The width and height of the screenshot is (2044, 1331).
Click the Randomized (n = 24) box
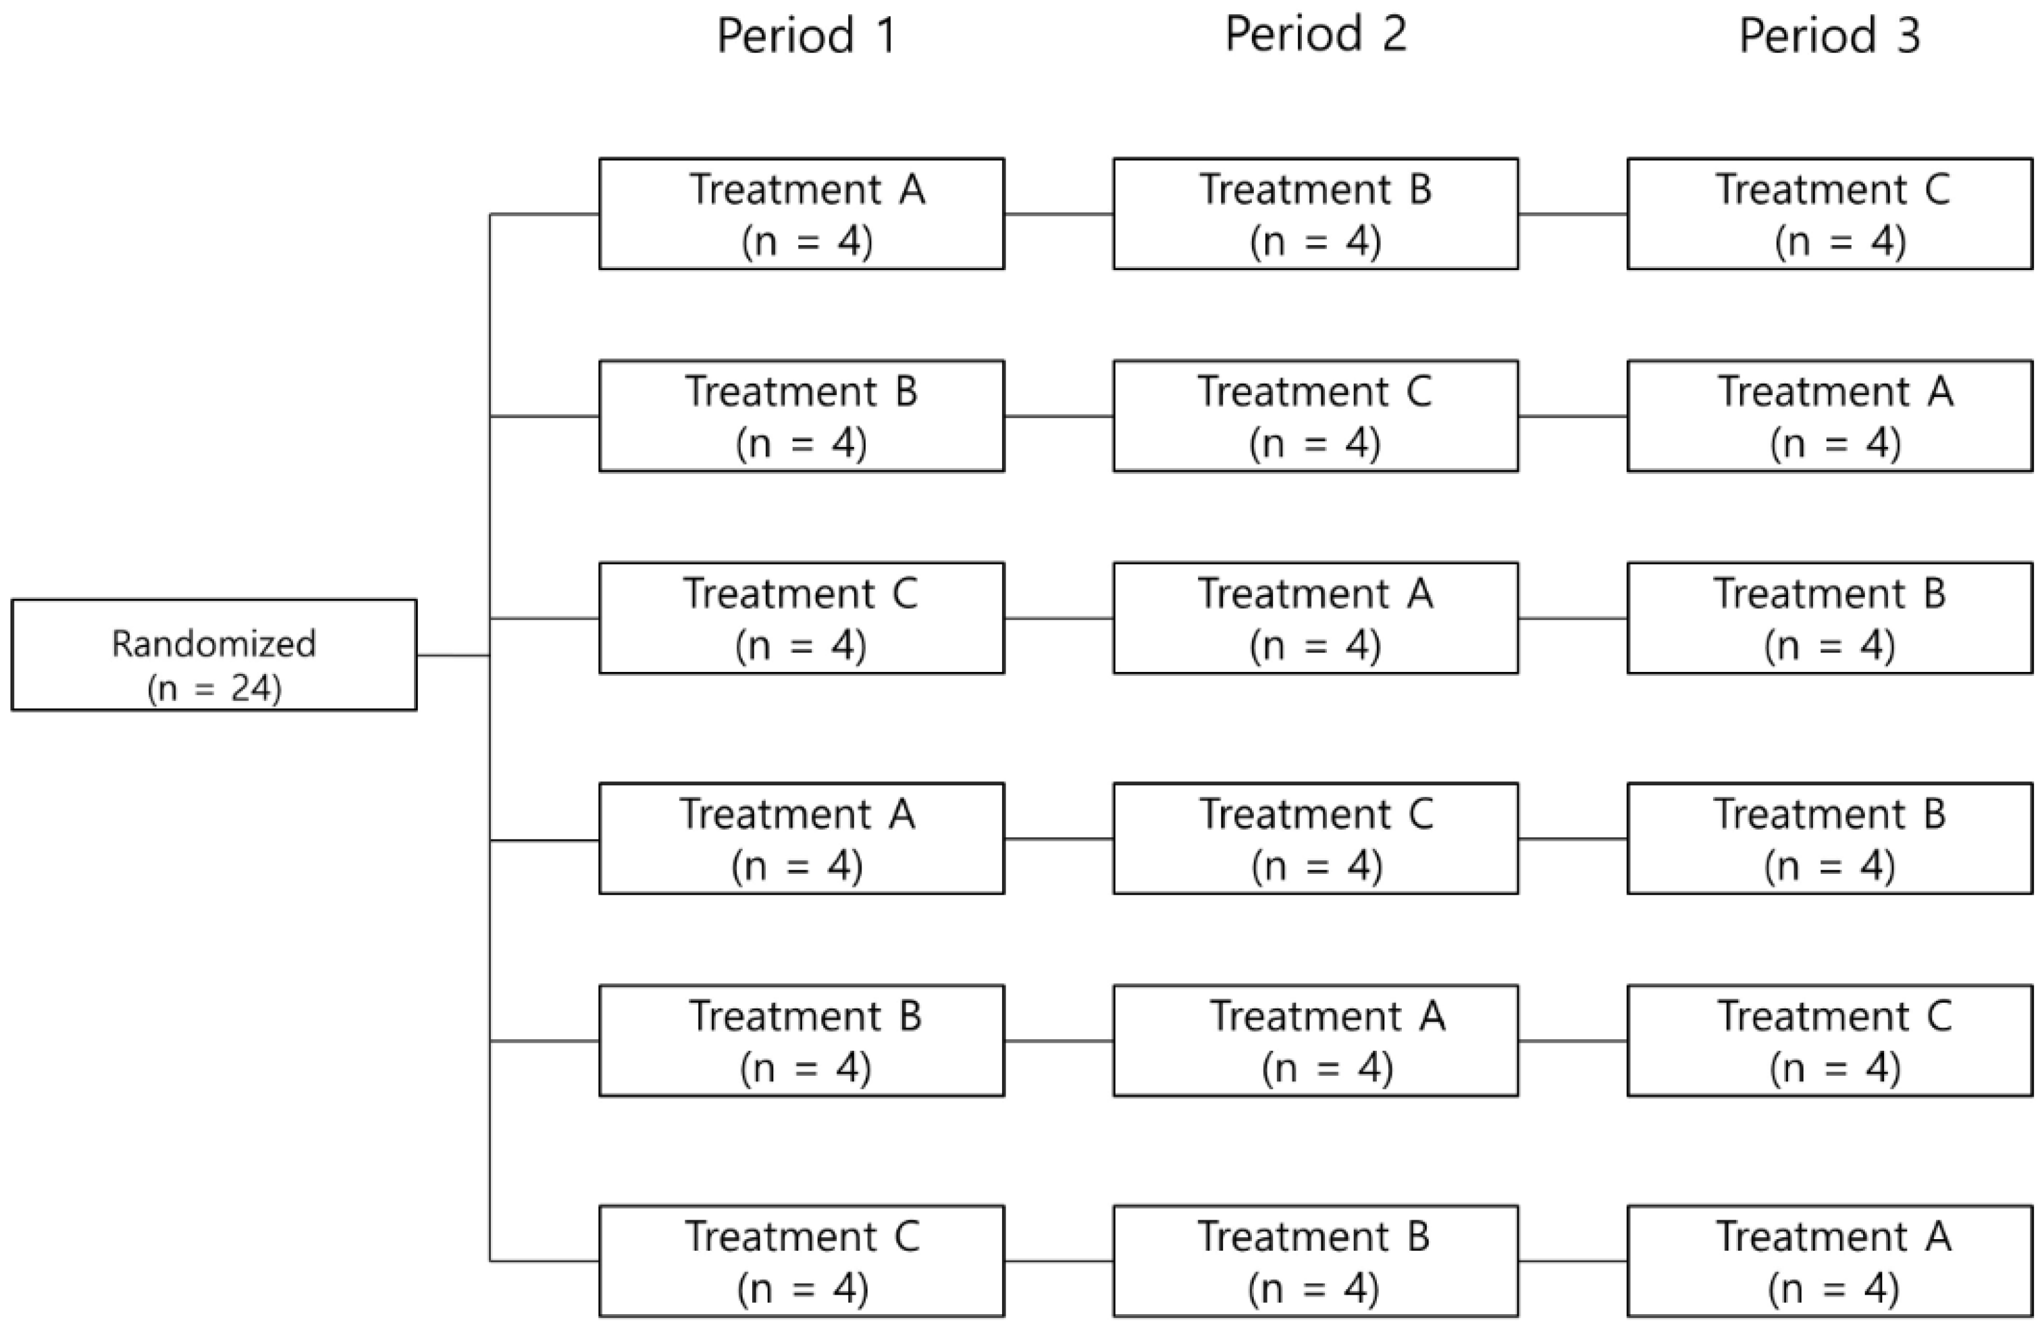[x=214, y=654]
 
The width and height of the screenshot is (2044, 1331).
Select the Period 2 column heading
[x=1315, y=34]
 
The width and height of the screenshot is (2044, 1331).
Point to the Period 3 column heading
[x=1829, y=36]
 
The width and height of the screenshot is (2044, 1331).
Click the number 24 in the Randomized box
[x=251, y=689]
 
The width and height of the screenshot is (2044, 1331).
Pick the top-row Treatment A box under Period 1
[x=802, y=214]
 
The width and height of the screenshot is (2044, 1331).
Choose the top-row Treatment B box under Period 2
[x=1315, y=214]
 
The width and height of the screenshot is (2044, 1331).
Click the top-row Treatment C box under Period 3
[x=1829, y=214]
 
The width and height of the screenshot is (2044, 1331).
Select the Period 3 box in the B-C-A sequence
[x=1829, y=415]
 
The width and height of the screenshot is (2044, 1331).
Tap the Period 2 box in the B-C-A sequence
[x=1315, y=415]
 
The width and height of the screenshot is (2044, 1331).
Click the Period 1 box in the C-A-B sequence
[x=802, y=619]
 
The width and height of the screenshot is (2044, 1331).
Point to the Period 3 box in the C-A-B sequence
[x=1829, y=619]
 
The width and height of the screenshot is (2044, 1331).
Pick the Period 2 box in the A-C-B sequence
[x=1315, y=838]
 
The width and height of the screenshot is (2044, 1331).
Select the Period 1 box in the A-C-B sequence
[x=802, y=838]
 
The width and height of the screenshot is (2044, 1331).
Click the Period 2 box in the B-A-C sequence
[x=1315, y=1041]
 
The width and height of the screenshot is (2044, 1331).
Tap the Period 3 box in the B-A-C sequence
[x=1829, y=1041]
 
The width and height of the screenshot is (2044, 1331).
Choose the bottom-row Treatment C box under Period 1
[x=802, y=1261]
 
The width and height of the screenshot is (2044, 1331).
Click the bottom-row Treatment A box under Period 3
[x=1829, y=1261]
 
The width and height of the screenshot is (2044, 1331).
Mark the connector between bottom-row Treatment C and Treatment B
[x=1058, y=1261]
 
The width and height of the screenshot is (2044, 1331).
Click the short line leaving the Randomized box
[x=452, y=655]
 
